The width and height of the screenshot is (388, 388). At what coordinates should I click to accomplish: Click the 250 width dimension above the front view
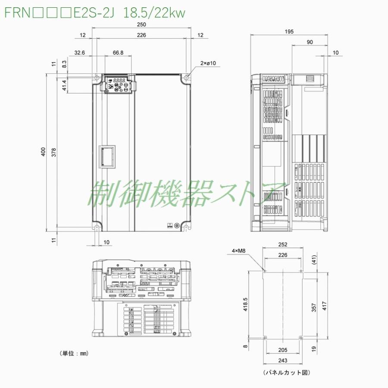[142, 25]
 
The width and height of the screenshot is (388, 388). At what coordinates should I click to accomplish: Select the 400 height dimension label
[44, 152]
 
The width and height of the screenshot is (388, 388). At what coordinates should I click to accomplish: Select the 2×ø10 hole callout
[208, 63]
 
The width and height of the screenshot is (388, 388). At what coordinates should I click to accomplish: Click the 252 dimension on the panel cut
[283, 244]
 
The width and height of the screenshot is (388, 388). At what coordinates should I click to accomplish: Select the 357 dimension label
[314, 307]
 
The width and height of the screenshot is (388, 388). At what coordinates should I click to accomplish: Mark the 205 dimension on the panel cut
[283, 350]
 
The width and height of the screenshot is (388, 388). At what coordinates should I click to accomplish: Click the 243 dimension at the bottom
[283, 360]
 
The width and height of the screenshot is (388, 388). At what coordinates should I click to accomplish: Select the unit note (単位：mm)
[74, 353]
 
